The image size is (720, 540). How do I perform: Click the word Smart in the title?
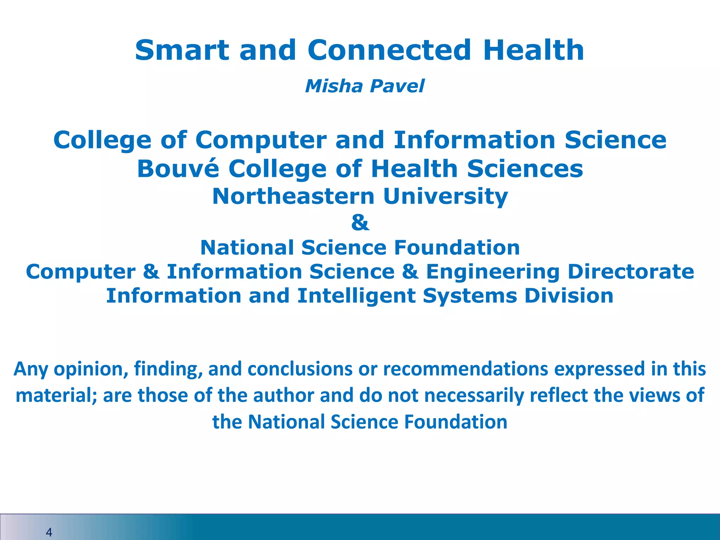click(181, 50)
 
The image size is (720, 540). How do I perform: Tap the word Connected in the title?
click(389, 50)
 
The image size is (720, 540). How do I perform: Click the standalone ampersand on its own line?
click(360, 223)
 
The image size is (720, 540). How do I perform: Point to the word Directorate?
click(631, 272)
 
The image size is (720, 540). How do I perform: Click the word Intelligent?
click(356, 296)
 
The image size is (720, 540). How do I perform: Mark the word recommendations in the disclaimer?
click(466, 369)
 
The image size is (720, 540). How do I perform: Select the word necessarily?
click(474, 396)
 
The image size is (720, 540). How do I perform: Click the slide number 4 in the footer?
click(49, 532)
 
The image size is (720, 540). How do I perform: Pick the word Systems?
click(470, 296)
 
